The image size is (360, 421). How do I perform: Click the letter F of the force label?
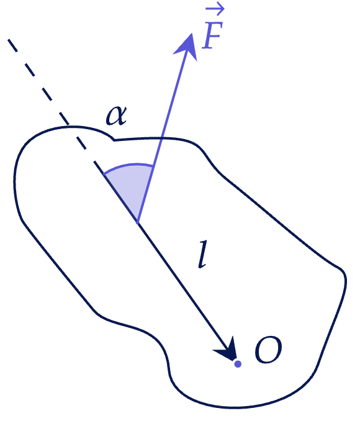coord(213,35)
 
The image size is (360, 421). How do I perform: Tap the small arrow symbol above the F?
coord(215,9)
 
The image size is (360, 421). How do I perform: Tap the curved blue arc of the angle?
coord(128,165)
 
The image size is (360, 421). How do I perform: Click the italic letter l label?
coord(203,254)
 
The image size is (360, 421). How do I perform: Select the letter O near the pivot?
coord(268,350)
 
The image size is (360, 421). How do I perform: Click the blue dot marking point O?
coord(238,364)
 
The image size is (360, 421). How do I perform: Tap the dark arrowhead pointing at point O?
coord(227,350)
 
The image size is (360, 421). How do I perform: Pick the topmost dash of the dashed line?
coord(12,45)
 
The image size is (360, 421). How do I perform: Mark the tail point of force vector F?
coord(137,223)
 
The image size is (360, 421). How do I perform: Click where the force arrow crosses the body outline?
coord(161,138)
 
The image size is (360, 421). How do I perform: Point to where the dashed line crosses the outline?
coord(68,126)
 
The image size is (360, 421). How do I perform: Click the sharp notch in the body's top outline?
coord(114,140)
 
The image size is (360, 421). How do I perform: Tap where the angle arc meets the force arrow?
coord(153,166)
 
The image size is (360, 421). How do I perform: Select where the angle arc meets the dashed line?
coord(104,174)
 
